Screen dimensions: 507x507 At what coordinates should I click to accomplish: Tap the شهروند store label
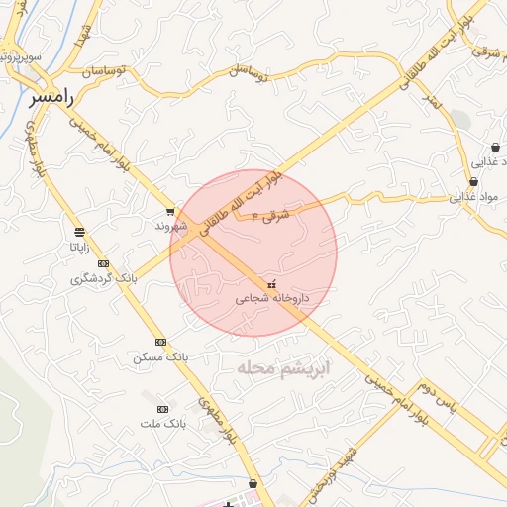click(x=169, y=226)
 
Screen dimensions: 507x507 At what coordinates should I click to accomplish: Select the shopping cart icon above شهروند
click(x=170, y=211)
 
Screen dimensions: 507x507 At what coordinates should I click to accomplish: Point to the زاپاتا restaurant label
click(x=80, y=247)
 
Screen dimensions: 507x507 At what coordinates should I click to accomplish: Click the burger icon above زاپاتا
click(x=79, y=231)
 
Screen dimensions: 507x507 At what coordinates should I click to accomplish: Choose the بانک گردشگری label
click(x=103, y=278)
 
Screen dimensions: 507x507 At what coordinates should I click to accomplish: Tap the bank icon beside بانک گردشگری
click(x=103, y=263)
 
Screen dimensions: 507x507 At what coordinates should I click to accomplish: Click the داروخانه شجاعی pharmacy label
click(x=272, y=297)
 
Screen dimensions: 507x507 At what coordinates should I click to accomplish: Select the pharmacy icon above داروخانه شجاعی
click(x=272, y=283)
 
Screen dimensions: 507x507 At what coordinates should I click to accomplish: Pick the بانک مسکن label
click(x=159, y=355)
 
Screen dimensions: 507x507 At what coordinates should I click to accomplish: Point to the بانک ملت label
click(x=162, y=423)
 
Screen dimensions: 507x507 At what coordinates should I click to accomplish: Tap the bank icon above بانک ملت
click(x=162, y=409)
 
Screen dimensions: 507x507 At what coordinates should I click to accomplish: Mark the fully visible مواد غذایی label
click(x=470, y=196)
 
